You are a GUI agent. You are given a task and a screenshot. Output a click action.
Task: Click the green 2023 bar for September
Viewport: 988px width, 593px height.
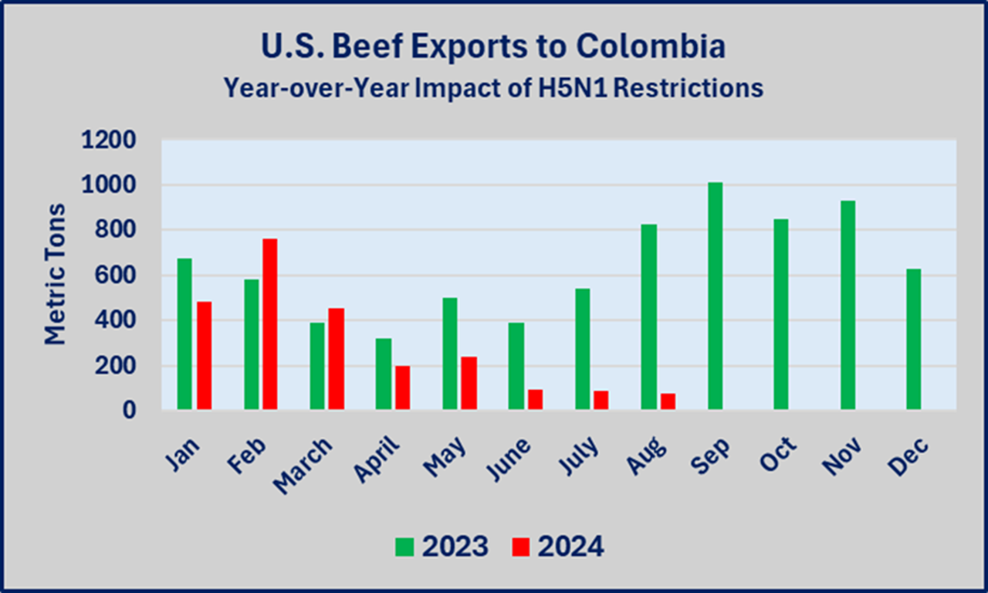point(715,296)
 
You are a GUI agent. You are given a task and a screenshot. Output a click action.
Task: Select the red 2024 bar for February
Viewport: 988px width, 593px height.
point(269,324)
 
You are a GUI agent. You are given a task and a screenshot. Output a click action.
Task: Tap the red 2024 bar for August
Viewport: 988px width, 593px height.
point(668,402)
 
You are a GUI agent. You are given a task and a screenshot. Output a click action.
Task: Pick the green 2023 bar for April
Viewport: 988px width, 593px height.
point(384,374)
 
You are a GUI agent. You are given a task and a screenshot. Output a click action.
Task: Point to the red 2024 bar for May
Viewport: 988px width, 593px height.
point(469,383)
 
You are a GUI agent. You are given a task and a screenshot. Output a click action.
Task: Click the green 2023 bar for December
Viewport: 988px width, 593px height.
point(913,339)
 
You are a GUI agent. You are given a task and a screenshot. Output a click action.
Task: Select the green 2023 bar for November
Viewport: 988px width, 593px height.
point(847,305)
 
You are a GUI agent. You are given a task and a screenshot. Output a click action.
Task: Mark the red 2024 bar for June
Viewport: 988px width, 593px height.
point(535,399)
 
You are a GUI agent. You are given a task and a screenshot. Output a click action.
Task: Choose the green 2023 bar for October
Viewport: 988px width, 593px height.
point(780,314)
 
